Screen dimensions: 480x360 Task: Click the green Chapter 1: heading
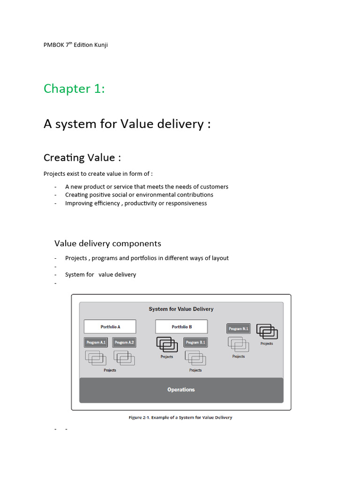click(74, 89)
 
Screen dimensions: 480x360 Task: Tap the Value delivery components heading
click(107, 243)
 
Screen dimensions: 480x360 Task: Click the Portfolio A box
click(110, 327)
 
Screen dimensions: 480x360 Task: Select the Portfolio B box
click(181, 327)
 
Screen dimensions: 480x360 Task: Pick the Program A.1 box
click(96, 343)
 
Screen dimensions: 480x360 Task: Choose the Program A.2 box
click(124, 343)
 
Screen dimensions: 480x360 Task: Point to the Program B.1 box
click(195, 343)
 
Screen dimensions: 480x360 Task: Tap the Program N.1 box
click(239, 329)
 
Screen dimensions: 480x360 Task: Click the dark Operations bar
click(181, 390)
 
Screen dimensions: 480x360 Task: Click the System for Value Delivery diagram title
click(181, 309)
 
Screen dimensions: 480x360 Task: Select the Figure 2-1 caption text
click(180, 418)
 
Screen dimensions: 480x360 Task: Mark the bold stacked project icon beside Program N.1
click(267, 332)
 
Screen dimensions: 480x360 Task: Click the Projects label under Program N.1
click(239, 357)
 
